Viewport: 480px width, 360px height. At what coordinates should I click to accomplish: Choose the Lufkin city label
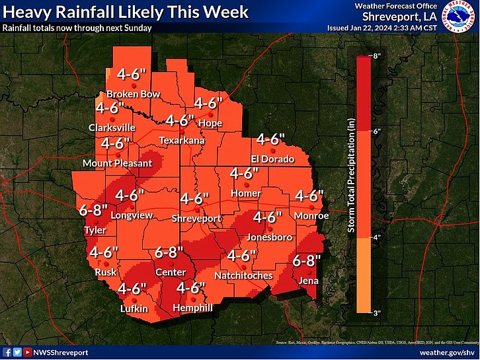(134, 308)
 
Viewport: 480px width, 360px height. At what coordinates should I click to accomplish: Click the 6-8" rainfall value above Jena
(307, 261)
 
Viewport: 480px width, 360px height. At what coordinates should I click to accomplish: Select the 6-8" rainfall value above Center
(169, 252)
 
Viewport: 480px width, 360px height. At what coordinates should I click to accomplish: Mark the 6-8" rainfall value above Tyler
(93, 211)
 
